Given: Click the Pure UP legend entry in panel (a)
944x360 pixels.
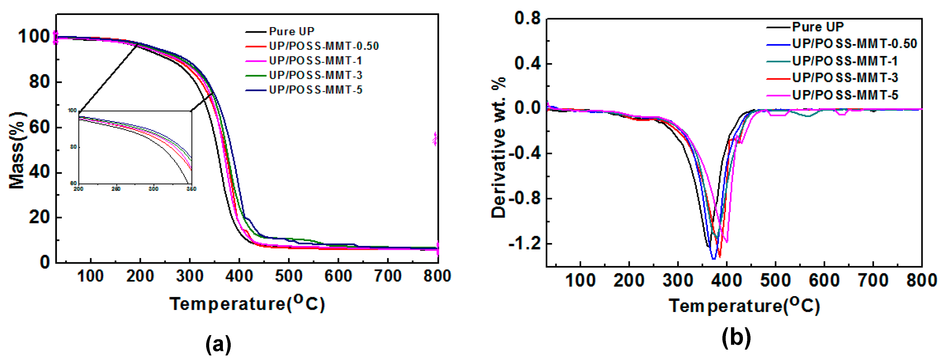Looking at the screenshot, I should [291, 31].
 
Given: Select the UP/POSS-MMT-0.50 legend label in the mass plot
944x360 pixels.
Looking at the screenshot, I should [324, 46].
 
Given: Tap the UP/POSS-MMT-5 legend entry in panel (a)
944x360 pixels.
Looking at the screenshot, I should [315, 90].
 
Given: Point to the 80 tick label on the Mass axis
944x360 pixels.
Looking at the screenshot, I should [39, 82].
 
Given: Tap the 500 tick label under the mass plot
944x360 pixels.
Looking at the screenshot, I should [288, 276].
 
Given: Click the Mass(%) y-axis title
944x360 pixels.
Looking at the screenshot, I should [17, 150].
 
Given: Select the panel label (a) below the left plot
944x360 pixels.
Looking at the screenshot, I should [218, 344].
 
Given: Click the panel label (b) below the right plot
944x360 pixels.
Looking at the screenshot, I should [736, 338].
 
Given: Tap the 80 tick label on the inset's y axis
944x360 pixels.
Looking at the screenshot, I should [73, 147].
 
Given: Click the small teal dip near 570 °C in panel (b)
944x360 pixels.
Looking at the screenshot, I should [808, 116].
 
